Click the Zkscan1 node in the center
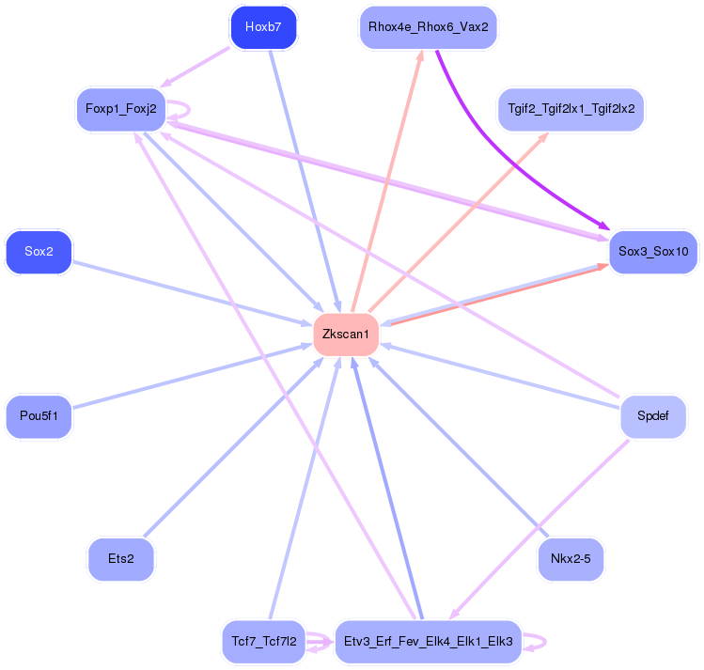click(346, 335)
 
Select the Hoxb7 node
click(263, 27)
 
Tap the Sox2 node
click(39, 252)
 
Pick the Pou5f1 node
click(39, 416)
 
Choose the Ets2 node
click(120, 559)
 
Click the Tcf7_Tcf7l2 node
click(264, 642)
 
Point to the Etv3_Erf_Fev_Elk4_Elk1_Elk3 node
click(428, 642)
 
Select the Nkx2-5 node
click(571, 560)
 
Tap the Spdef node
click(653, 416)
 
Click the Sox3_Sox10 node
click(653, 252)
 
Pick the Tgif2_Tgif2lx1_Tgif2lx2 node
click(571, 108)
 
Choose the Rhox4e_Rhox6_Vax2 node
click(428, 27)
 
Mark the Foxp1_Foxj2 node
click(120, 109)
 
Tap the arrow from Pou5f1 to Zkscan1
click(188, 377)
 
